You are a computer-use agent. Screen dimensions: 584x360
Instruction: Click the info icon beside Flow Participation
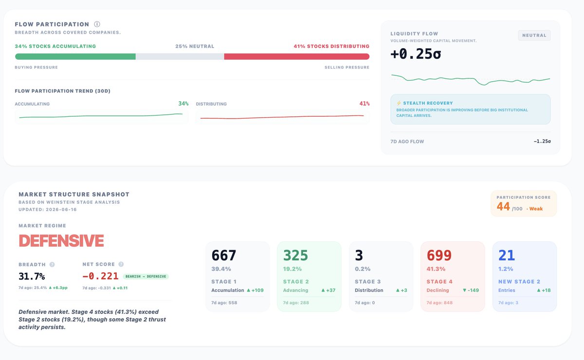coord(97,24)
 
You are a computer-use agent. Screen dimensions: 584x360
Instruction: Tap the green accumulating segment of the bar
coord(75,56)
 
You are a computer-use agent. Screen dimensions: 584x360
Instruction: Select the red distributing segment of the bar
coord(297,56)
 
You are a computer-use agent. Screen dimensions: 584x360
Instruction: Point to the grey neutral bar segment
coord(180,56)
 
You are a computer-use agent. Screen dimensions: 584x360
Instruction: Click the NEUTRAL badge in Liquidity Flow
coord(534,35)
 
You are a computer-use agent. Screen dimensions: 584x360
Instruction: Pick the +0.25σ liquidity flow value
coord(416,54)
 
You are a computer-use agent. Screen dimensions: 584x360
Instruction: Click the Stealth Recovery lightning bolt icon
coord(399,103)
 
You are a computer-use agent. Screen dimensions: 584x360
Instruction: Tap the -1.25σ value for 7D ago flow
coord(542,141)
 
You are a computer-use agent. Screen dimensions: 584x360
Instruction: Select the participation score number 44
coord(503,206)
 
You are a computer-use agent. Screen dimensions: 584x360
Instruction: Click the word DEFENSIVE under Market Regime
coord(61,240)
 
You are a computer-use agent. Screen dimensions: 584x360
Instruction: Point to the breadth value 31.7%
coord(32,276)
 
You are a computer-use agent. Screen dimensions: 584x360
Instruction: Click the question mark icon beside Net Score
coord(121,264)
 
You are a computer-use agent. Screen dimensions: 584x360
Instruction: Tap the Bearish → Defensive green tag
coord(146,276)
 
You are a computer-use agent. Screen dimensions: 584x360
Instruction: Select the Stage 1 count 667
coord(224,255)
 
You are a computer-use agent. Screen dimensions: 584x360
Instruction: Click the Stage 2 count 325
coord(295,255)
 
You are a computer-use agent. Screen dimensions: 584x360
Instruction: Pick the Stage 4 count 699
coord(439,255)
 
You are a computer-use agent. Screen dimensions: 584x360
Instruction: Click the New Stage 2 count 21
coord(507,255)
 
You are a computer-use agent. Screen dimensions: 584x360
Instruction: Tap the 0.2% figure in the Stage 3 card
coord(363,269)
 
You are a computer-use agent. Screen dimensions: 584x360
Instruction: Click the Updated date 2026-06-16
coord(61,209)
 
